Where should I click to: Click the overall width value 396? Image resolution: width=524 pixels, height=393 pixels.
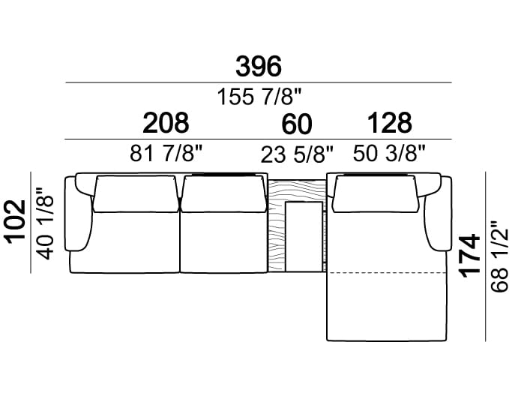point(259,67)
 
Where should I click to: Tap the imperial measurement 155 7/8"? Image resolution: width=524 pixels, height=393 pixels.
point(259,96)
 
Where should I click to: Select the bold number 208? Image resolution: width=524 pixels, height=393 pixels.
point(166,123)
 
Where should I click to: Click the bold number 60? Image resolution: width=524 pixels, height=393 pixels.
point(297,124)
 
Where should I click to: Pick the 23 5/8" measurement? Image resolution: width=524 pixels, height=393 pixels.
point(297,154)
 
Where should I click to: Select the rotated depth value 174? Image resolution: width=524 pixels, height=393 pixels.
point(470,256)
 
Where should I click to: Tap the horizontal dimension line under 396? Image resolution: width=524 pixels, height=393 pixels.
point(259,82)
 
